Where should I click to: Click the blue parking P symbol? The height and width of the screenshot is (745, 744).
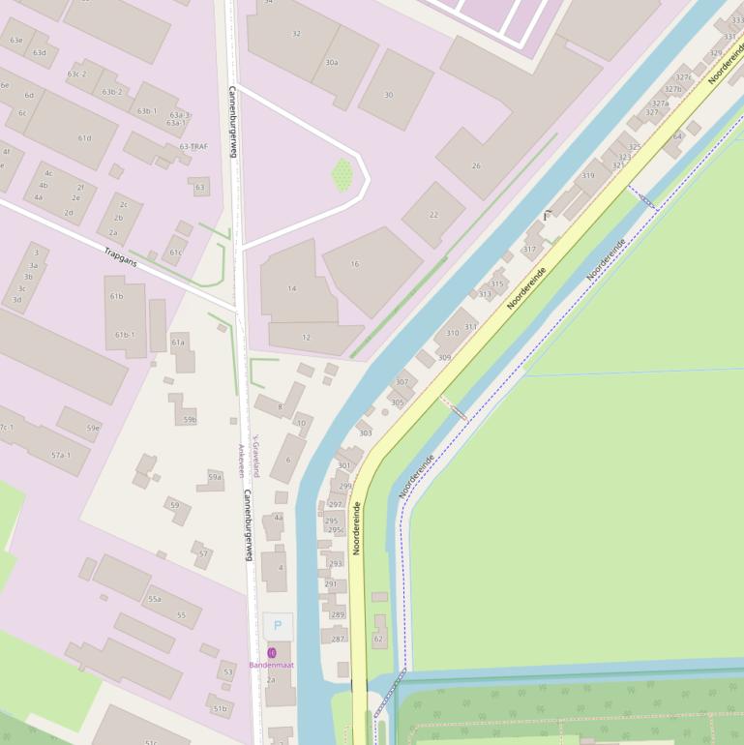pyautogui.click(x=278, y=626)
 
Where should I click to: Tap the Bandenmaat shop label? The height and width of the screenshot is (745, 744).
pyautogui.click(x=272, y=665)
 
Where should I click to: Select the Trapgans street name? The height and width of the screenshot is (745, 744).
pyautogui.click(x=121, y=256)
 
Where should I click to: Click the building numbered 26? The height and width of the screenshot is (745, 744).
pyautogui.click(x=476, y=165)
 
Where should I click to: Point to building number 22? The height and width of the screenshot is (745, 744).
pyautogui.click(x=433, y=215)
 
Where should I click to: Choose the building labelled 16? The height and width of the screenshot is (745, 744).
pyautogui.click(x=355, y=263)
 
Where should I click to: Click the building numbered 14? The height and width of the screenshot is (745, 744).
pyautogui.click(x=292, y=288)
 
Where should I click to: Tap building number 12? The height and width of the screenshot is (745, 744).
pyautogui.click(x=306, y=338)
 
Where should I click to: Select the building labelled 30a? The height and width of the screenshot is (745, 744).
pyautogui.click(x=332, y=62)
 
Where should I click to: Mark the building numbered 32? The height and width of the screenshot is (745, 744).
pyautogui.click(x=296, y=34)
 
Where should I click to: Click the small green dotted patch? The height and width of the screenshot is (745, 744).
pyautogui.click(x=342, y=174)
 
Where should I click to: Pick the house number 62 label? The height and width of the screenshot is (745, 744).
pyautogui.click(x=378, y=639)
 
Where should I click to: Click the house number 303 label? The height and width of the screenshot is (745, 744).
pyautogui.click(x=365, y=432)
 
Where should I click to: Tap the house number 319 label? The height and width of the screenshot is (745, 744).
pyautogui.click(x=587, y=176)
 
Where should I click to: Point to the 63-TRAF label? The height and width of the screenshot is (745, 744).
pyautogui.click(x=193, y=147)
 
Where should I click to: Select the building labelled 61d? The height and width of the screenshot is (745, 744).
pyautogui.click(x=84, y=138)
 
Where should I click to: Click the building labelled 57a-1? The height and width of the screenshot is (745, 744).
pyautogui.click(x=61, y=455)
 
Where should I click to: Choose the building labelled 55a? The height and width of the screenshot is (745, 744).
pyautogui.click(x=154, y=599)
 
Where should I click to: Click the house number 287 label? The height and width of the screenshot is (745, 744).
pyautogui.click(x=338, y=639)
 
